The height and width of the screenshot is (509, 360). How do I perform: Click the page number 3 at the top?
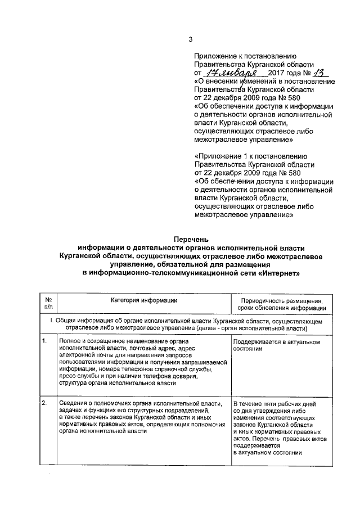point(190,39)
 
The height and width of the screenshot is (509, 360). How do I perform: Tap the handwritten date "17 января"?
point(231,73)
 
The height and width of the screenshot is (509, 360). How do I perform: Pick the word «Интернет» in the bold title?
point(280,273)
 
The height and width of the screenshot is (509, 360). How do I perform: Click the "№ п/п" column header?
point(48,304)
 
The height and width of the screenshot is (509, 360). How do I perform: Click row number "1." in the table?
point(44,341)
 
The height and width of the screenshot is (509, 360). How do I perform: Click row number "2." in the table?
point(44,403)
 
